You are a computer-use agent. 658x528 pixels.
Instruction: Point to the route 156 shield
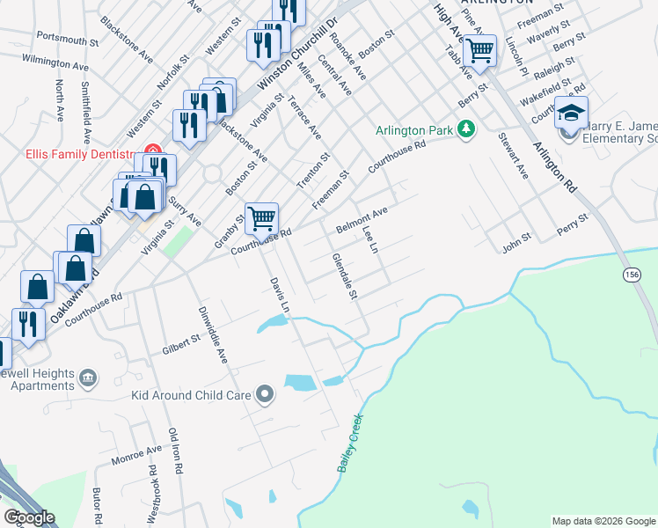632,275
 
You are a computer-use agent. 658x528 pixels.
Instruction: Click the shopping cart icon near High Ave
479,50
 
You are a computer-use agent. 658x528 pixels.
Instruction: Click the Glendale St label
344,275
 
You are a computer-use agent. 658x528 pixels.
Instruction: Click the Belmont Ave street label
362,220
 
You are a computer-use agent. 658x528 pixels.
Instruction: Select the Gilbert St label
181,343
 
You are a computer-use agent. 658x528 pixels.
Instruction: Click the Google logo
29,517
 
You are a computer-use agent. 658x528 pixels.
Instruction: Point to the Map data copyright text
603,521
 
